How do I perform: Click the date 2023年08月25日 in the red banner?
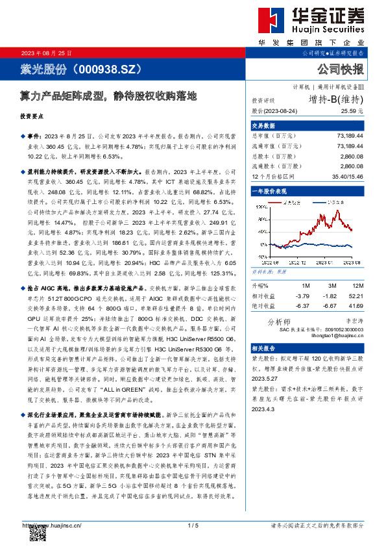(47, 52)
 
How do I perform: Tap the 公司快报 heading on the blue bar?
(340, 68)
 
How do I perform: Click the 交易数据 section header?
(263, 125)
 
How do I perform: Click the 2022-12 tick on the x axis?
(294, 262)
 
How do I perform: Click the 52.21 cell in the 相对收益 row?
(356, 295)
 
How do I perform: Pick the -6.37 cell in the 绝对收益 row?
(302, 305)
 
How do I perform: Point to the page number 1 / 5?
(192, 524)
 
